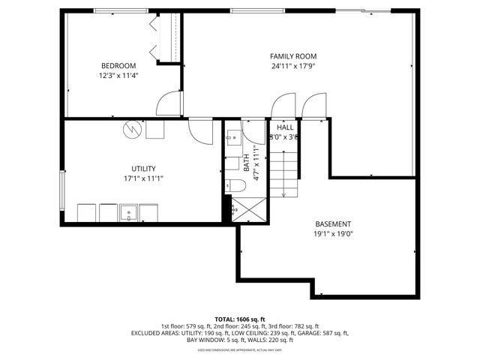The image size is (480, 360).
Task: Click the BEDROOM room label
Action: pyautogui.click(x=118, y=65)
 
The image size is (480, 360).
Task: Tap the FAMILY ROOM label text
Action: pyautogui.click(x=293, y=56)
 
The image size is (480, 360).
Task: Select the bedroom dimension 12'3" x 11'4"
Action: pyautogui.click(x=118, y=75)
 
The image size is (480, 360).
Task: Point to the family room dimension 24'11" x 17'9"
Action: pyautogui.click(x=293, y=66)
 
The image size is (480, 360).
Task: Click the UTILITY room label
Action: pyautogui.click(x=144, y=169)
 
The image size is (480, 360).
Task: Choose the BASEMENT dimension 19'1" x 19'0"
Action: pyautogui.click(x=333, y=233)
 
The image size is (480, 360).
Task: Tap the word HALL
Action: pyautogui.click(x=285, y=127)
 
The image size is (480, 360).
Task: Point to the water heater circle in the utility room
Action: pyautogui.click(x=132, y=130)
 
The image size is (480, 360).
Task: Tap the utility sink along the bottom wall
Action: pyautogui.click(x=128, y=213)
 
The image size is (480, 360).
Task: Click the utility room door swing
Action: pyautogui.click(x=201, y=133)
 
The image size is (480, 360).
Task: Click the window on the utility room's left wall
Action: pyautogui.click(x=62, y=191)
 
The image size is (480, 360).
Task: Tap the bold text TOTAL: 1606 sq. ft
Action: pyautogui.click(x=240, y=319)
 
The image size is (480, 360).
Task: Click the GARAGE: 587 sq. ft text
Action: pyautogui.click(x=324, y=333)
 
